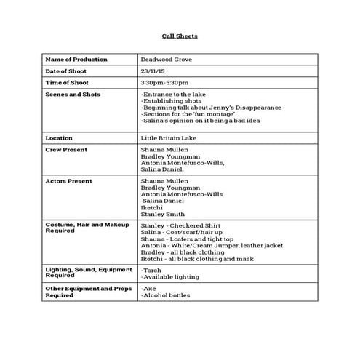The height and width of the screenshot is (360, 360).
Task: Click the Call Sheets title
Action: coord(179,36)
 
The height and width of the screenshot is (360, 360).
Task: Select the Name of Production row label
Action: coord(76,60)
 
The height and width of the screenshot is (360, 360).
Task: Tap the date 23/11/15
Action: coord(153,71)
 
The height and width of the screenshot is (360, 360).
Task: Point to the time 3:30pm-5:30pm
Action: coord(164,83)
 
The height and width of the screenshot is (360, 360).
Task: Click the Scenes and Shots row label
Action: coord(73,95)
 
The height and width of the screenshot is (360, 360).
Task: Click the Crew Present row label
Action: coord(66,149)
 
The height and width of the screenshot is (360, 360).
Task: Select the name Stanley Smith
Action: coord(164,215)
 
